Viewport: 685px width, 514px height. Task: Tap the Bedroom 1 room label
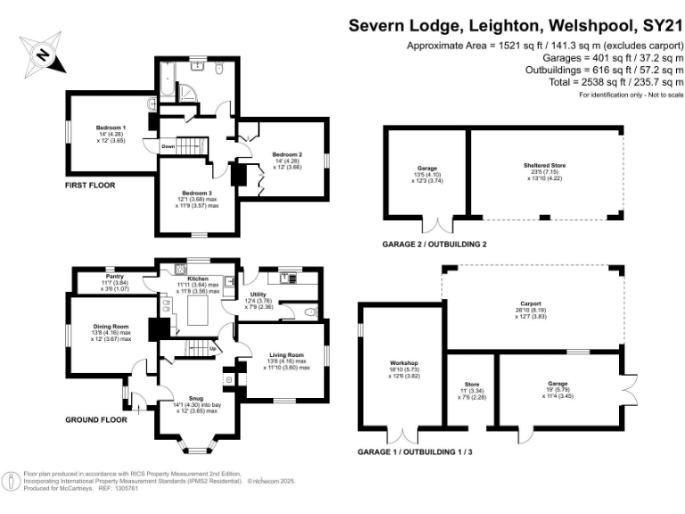pyautogui.click(x=111, y=128)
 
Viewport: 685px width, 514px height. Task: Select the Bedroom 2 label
pyautogui.click(x=287, y=153)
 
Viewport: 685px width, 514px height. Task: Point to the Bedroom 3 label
pyautogui.click(x=195, y=192)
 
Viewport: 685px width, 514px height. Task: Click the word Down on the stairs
pyautogui.click(x=168, y=145)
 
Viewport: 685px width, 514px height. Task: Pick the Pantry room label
pyautogui.click(x=114, y=276)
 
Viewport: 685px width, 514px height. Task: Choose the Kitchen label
pyautogui.click(x=198, y=278)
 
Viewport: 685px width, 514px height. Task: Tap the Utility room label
pyautogui.click(x=259, y=293)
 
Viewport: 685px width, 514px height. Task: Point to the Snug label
pyautogui.click(x=194, y=399)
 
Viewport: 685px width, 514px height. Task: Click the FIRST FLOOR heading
pyautogui.click(x=90, y=185)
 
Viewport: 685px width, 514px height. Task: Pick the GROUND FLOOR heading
pyautogui.click(x=95, y=419)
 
